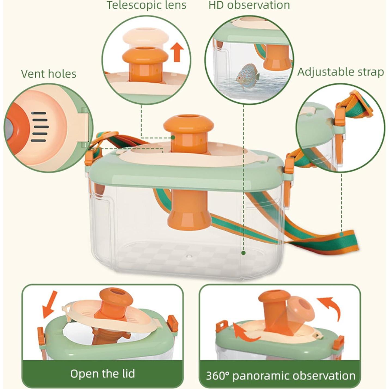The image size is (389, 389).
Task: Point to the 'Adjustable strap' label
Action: pyautogui.click(x=341, y=72)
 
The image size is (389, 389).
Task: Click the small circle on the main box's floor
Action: pyautogui.click(x=189, y=257)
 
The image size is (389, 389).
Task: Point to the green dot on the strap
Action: pyautogui.click(x=341, y=235)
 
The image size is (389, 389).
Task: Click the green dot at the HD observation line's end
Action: pyautogui.click(x=244, y=253)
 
